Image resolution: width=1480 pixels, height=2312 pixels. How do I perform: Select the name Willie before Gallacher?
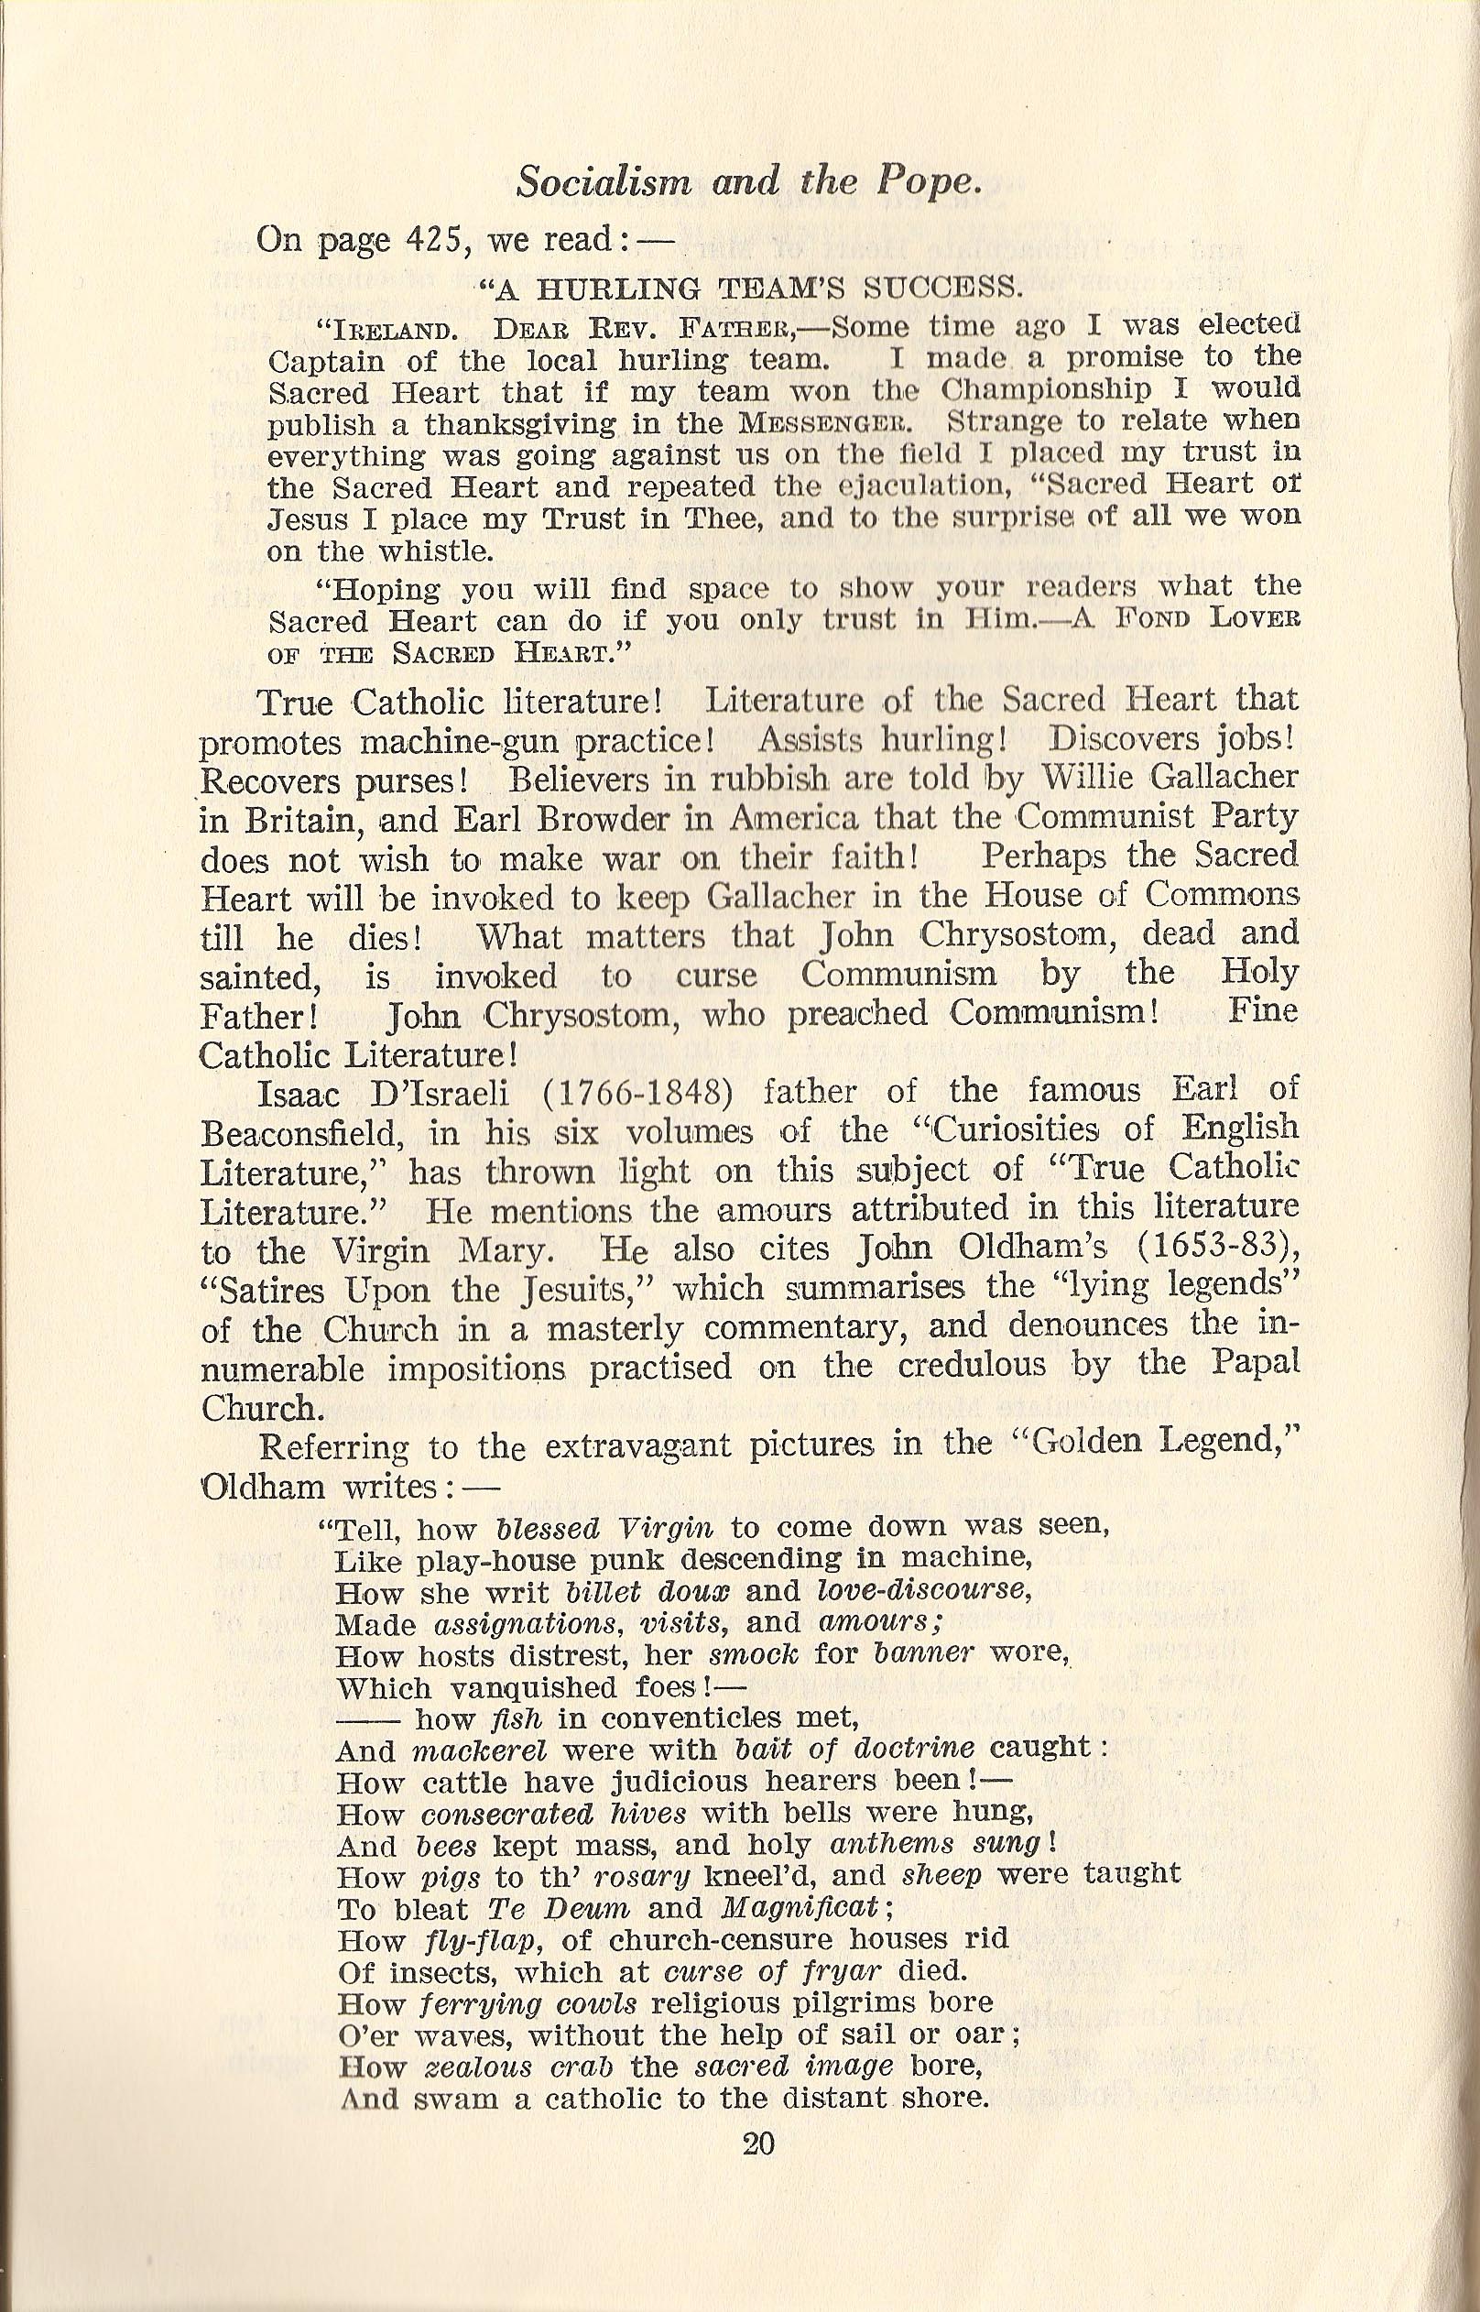(1086, 776)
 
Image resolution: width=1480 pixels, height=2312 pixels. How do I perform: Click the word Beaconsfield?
(305, 1134)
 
